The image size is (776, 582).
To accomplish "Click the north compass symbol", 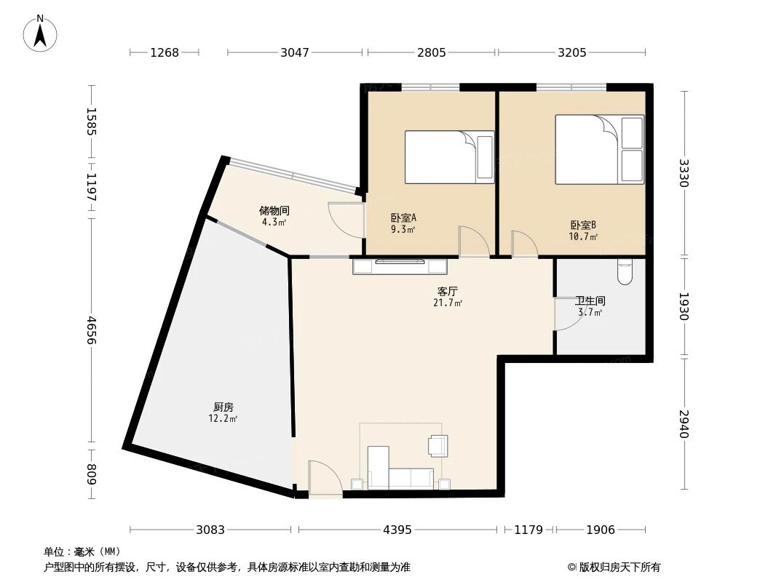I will click(x=41, y=33).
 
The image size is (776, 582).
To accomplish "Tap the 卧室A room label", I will click(x=403, y=218).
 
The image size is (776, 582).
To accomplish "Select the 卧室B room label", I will click(x=583, y=225).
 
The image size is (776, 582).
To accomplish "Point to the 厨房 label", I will click(x=223, y=407).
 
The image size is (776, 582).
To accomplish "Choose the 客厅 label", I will click(x=447, y=291).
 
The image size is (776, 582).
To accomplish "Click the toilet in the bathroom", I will click(x=625, y=271).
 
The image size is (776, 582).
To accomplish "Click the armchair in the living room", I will click(x=438, y=445).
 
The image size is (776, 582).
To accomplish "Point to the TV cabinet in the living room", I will click(x=399, y=266).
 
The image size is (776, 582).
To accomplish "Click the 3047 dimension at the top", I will click(x=295, y=52).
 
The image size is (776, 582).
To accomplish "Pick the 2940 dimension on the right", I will click(x=683, y=423).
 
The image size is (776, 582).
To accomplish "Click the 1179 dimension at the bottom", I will click(x=528, y=530).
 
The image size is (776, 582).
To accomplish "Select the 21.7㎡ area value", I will click(x=448, y=303).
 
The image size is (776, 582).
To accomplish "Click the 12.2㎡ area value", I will click(x=223, y=419).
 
